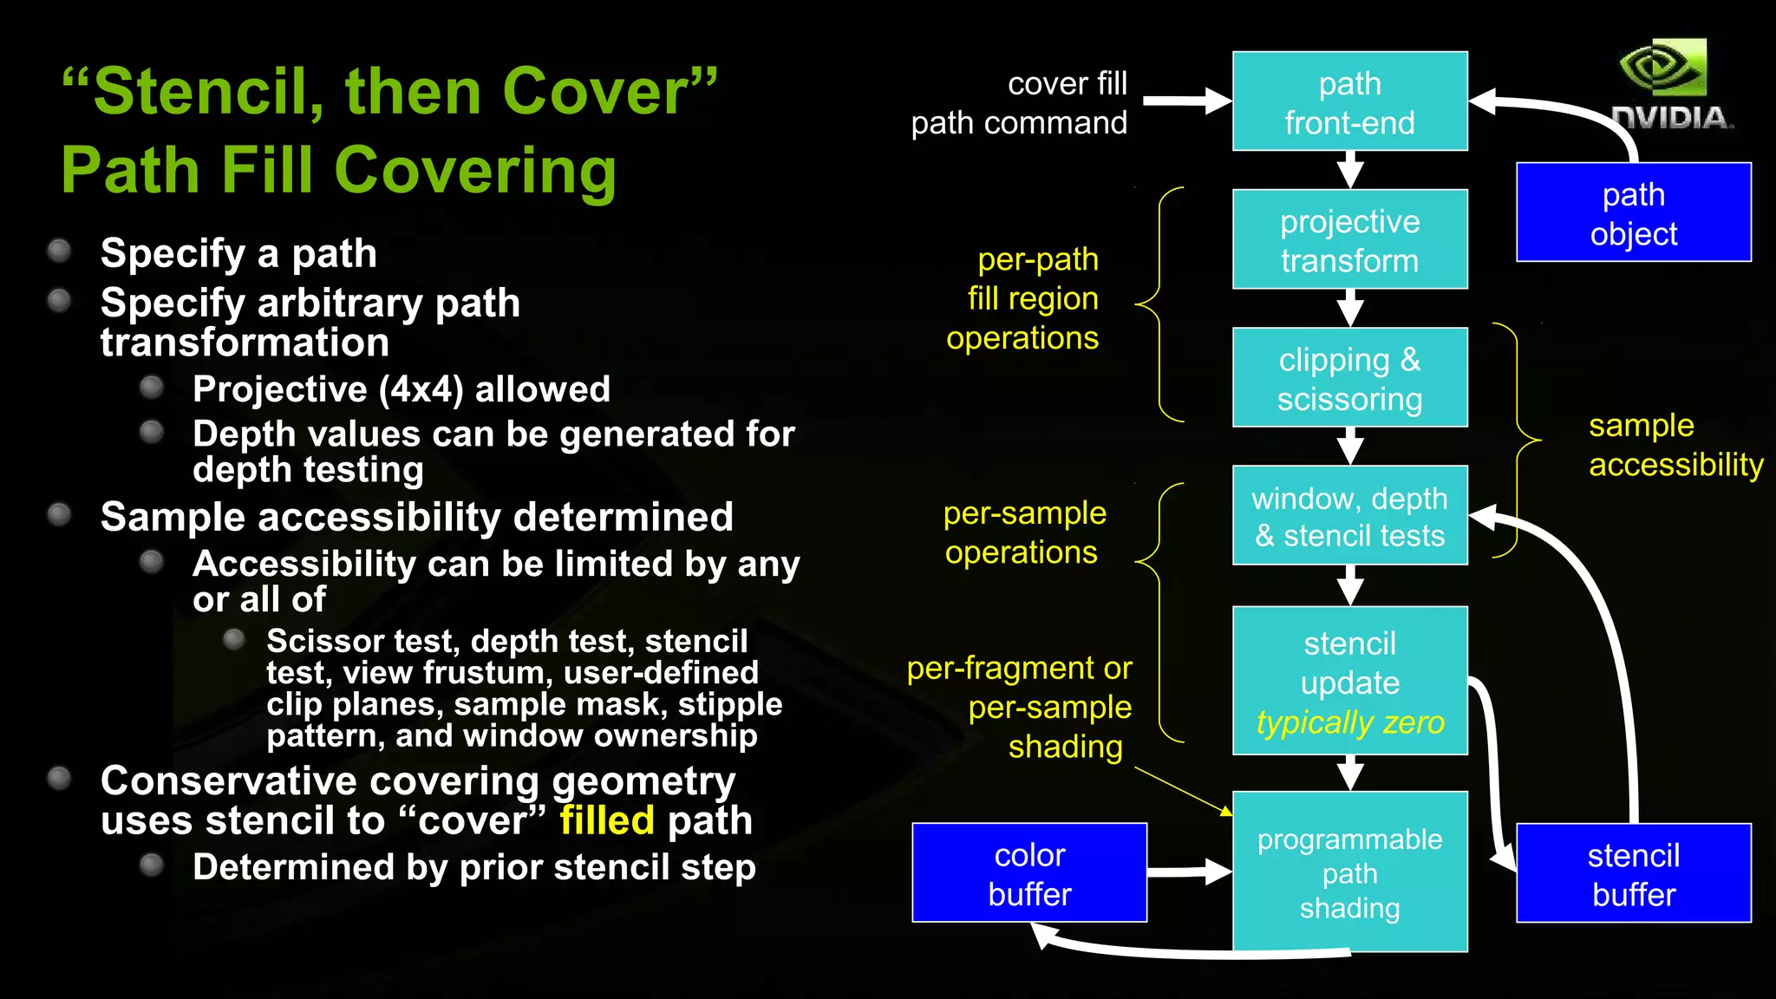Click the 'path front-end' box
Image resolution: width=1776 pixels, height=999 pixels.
tap(1349, 101)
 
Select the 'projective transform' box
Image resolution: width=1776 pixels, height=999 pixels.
tap(1349, 239)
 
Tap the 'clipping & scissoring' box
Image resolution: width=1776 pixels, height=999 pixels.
tap(1349, 377)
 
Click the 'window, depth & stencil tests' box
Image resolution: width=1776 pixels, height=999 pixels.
tap(1349, 516)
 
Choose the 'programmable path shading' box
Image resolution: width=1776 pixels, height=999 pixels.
tap(1349, 872)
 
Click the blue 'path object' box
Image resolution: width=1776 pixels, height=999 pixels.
tap(1633, 212)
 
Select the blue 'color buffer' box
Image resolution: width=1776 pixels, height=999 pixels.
tap(1029, 873)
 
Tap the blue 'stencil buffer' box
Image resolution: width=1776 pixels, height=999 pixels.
tap(1633, 873)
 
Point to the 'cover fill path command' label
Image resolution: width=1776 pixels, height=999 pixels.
tap(1020, 103)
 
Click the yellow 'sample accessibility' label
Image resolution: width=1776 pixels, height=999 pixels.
tap(1674, 445)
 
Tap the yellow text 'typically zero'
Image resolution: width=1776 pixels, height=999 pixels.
tap(1349, 722)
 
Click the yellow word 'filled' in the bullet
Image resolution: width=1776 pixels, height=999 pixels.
tap(606, 820)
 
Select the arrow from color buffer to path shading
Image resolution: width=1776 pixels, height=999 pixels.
tap(1188, 872)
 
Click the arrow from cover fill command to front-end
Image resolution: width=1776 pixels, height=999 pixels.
tap(1186, 101)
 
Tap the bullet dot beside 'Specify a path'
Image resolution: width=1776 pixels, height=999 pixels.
tap(59, 251)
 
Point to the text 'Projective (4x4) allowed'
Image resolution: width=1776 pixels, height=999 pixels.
tap(401, 389)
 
